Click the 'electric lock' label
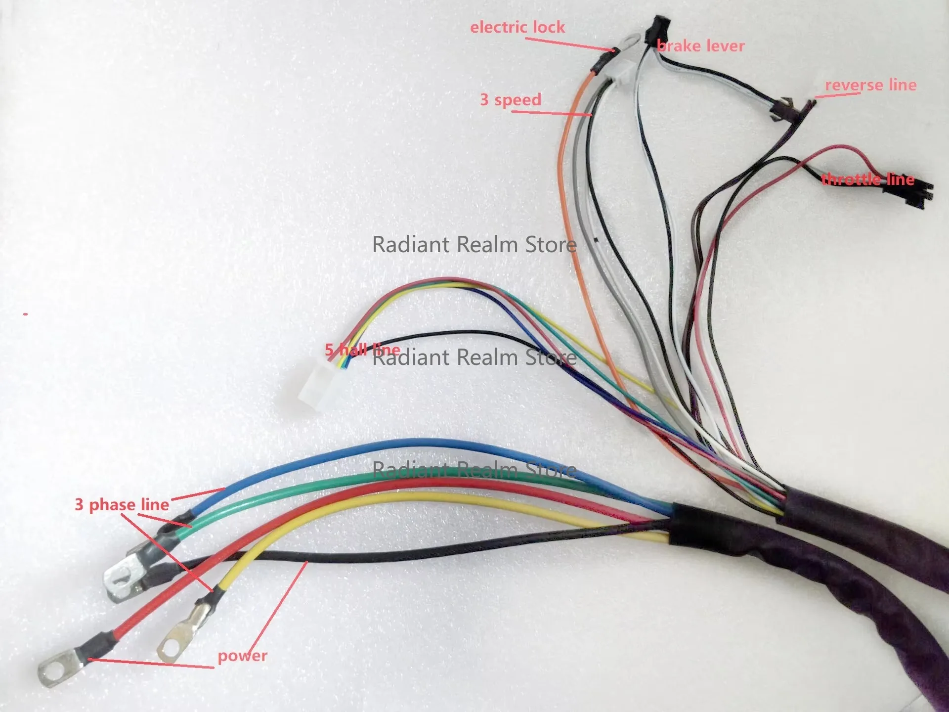tap(518, 27)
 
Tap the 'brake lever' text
tap(701, 46)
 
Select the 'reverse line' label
tap(871, 85)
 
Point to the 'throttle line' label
tap(868, 179)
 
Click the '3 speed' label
tap(511, 100)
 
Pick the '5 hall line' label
tap(362, 350)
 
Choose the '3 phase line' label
tap(122, 505)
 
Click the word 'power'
tap(242, 656)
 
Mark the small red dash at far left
tap(25, 313)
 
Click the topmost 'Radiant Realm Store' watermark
tap(474, 244)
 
